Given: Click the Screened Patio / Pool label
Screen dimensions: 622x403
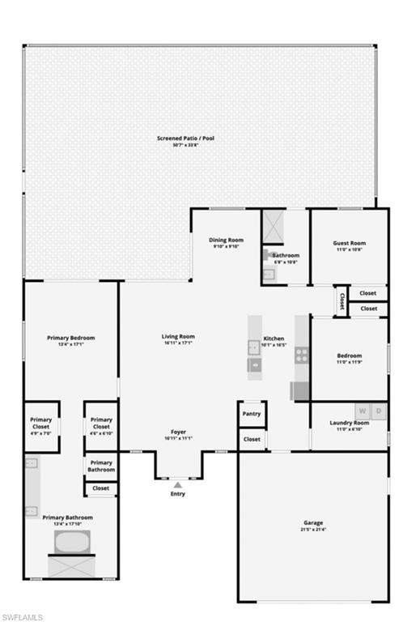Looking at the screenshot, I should click(x=185, y=138).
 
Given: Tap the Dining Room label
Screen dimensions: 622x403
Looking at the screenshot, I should click(x=227, y=240).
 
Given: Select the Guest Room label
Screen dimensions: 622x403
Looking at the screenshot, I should click(x=350, y=243).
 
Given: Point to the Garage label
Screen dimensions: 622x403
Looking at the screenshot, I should click(x=313, y=522).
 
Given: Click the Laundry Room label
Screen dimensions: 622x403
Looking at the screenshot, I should click(x=350, y=423).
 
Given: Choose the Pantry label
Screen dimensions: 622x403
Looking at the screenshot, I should click(x=252, y=414).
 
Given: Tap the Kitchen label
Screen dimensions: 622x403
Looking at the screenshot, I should click(x=274, y=339).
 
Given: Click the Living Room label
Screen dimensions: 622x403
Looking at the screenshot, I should click(x=178, y=336).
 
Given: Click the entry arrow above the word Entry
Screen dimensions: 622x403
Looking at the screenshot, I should click(x=178, y=484).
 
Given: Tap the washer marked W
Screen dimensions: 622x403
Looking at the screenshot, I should click(x=363, y=411).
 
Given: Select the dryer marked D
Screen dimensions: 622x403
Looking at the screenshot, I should click(x=380, y=411).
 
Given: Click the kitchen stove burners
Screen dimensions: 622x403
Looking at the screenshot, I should click(x=301, y=354).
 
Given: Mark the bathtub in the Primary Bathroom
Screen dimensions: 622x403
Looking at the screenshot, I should click(x=71, y=541).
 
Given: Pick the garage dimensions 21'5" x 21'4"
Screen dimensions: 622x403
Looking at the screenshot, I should click(x=313, y=529).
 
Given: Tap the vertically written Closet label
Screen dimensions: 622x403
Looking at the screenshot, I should click(x=341, y=301).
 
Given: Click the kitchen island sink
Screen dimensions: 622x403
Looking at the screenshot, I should click(x=255, y=365).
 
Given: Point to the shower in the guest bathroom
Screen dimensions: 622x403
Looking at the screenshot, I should click(x=273, y=226).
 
